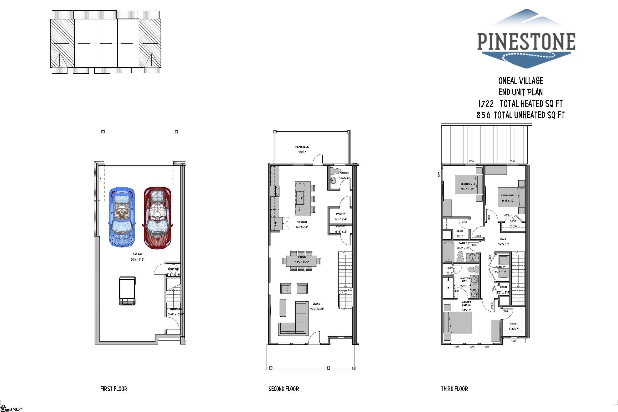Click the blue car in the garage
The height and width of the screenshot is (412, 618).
pyautogui.click(x=122, y=217)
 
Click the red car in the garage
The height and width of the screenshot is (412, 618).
pyautogui.click(x=157, y=217)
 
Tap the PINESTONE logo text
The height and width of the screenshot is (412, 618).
pyautogui.click(x=526, y=41)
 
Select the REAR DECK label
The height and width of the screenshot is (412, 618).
pyautogui.click(x=302, y=147)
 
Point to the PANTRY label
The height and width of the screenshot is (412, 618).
pyautogui.click(x=341, y=214)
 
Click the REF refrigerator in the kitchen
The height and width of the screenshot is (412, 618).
pyautogui.click(x=275, y=224)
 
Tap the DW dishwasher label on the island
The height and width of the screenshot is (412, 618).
pyautogui.click(x=299, y=209)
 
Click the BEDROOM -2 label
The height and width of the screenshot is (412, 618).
pyautogui.click(x=468, y=184)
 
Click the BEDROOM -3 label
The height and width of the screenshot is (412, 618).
pyautogui.click(x=508, y=196)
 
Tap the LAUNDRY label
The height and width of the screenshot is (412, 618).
pyautogui.click(x=500, y=267)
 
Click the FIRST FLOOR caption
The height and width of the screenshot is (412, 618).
pyautogui.click(x=114, y=389)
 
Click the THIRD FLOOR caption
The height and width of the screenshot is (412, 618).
pyautogui.click(x=454, y=389)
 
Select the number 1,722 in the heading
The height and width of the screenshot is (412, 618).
pyautogui.click(x=486, y=104)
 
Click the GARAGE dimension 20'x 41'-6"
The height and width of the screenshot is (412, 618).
pyautogui.click(x=137, y=260)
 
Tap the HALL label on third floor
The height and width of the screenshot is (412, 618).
pyautogui.click(x=503, y=239)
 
